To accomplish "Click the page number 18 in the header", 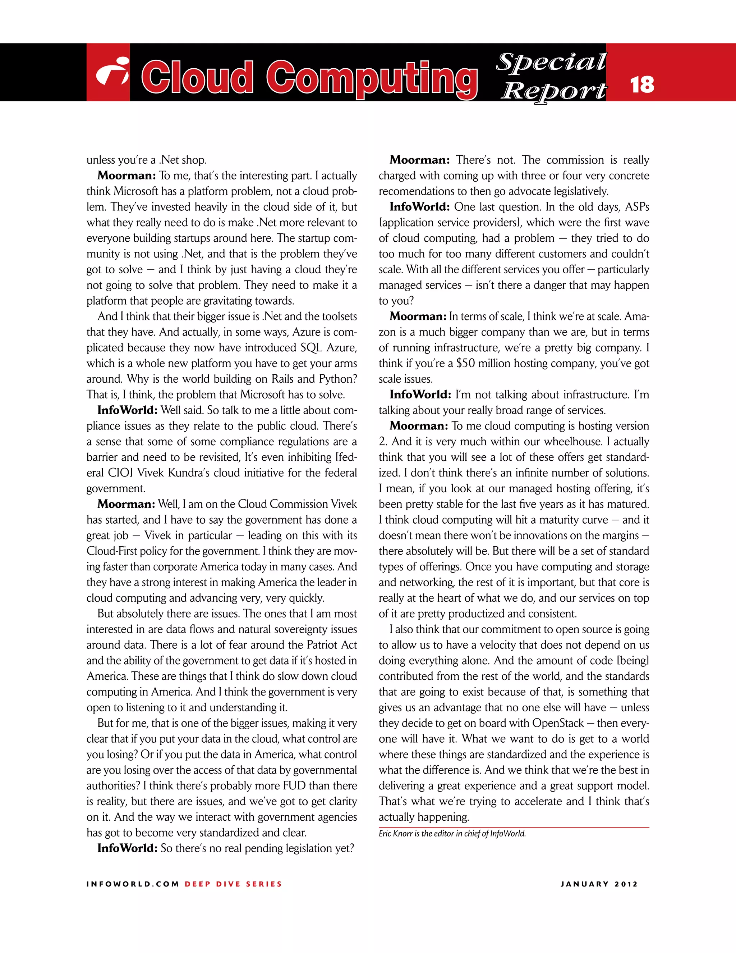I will click(x=642, y=85).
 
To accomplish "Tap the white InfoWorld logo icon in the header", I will click(x=112, y=72).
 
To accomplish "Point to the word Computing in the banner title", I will click(x=372, y=78).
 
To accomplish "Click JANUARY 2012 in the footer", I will click(x=599, y=884).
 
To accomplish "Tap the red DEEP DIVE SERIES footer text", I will click(x=233, y=884).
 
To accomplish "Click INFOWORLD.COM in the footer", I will click(x=133, y=884).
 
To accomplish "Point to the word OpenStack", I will click(x=558, y=723).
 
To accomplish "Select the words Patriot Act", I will click(x=332, y=645).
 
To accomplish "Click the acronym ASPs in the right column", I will click(x=637, y=207).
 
